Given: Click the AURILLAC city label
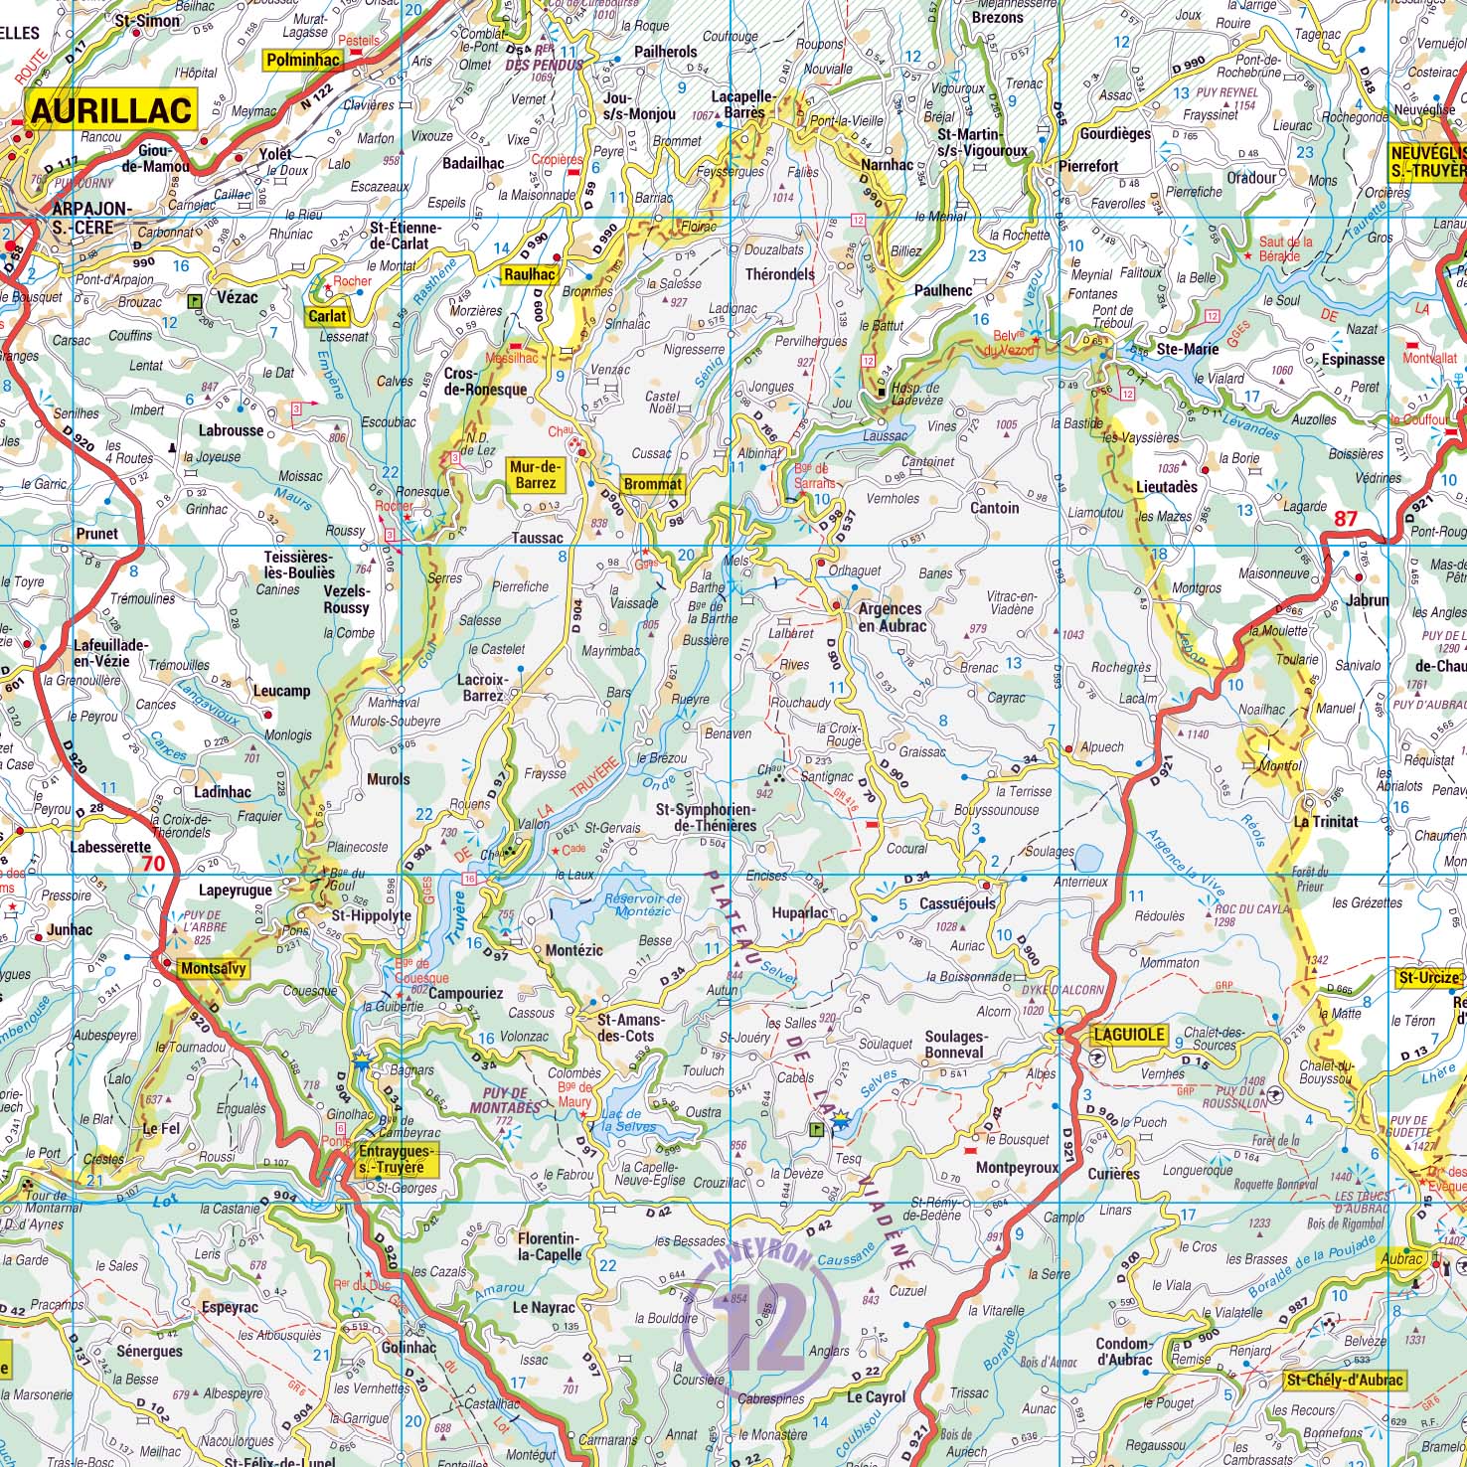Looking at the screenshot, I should click(x=111, y=110).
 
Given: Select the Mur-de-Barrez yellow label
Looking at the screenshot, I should click(x=535, y=474).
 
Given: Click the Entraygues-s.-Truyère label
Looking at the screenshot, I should click(x=390, y=1160).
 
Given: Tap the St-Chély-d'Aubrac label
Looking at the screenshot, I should click(x=1344, y=1380).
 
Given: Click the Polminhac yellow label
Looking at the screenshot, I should click(x=301, y=60).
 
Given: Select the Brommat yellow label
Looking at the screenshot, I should click(x=653, y=484).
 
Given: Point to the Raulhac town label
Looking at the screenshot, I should click(x=529, y=275).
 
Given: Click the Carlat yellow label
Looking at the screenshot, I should click(x=327, y=316).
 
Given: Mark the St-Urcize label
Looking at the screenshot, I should click(x=1428, y=977).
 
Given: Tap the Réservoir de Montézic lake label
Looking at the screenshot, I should click(x=643, y=904).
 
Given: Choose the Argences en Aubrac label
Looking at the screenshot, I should click(x=891, y=616).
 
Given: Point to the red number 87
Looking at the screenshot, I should click(x=1345, y=518).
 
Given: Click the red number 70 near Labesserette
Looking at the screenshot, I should click(x=153, y=863).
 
